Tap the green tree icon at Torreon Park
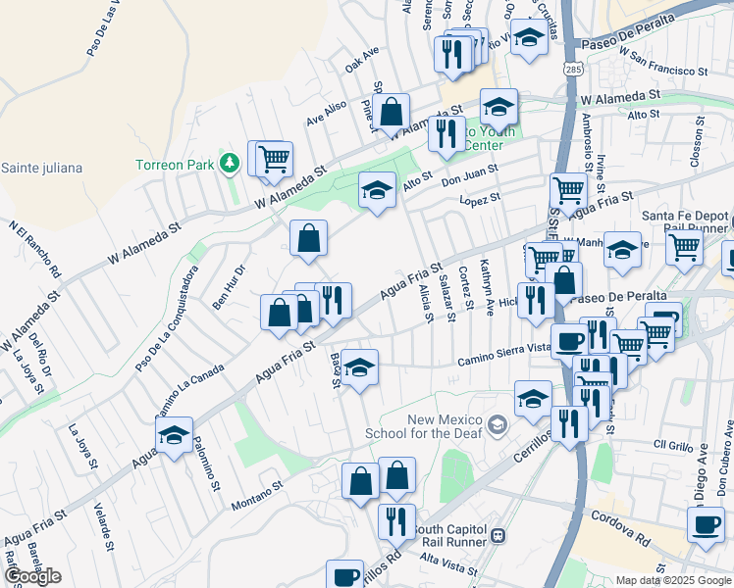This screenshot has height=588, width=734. pos(231,163)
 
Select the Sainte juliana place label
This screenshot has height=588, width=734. pos(40,168)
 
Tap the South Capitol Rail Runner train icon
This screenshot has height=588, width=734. pos(498,536)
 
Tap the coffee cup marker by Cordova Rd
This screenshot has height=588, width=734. pos(706,524)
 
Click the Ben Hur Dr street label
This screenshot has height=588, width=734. pos(229,285)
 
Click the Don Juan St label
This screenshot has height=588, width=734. pos(469,174)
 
